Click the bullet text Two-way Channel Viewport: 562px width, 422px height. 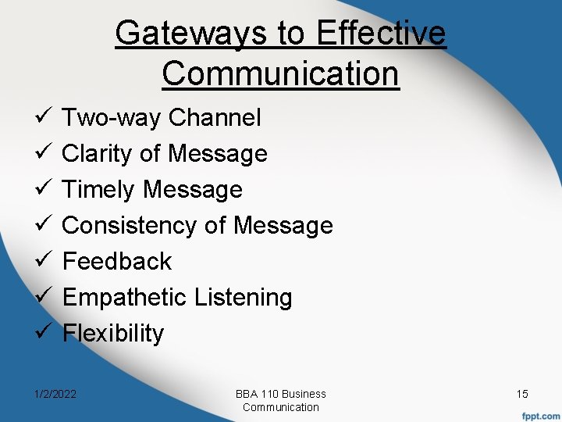coord(162,118)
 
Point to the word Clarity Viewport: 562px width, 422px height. coord(97,154)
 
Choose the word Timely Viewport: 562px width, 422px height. coord(100,190)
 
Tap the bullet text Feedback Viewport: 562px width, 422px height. coord(117,261)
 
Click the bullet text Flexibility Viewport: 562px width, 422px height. coord(113,334)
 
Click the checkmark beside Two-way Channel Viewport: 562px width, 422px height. coord(43,118)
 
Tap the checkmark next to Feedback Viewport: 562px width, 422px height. coord(43,261)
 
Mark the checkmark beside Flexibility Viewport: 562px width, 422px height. coord(43,333)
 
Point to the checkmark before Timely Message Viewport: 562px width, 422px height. coord(43,189)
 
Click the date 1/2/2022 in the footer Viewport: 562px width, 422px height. coord(55,394)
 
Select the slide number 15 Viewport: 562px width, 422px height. coord(522,394)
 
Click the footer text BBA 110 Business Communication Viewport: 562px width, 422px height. coord(281,400)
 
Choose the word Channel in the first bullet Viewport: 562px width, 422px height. coord(215,118)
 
